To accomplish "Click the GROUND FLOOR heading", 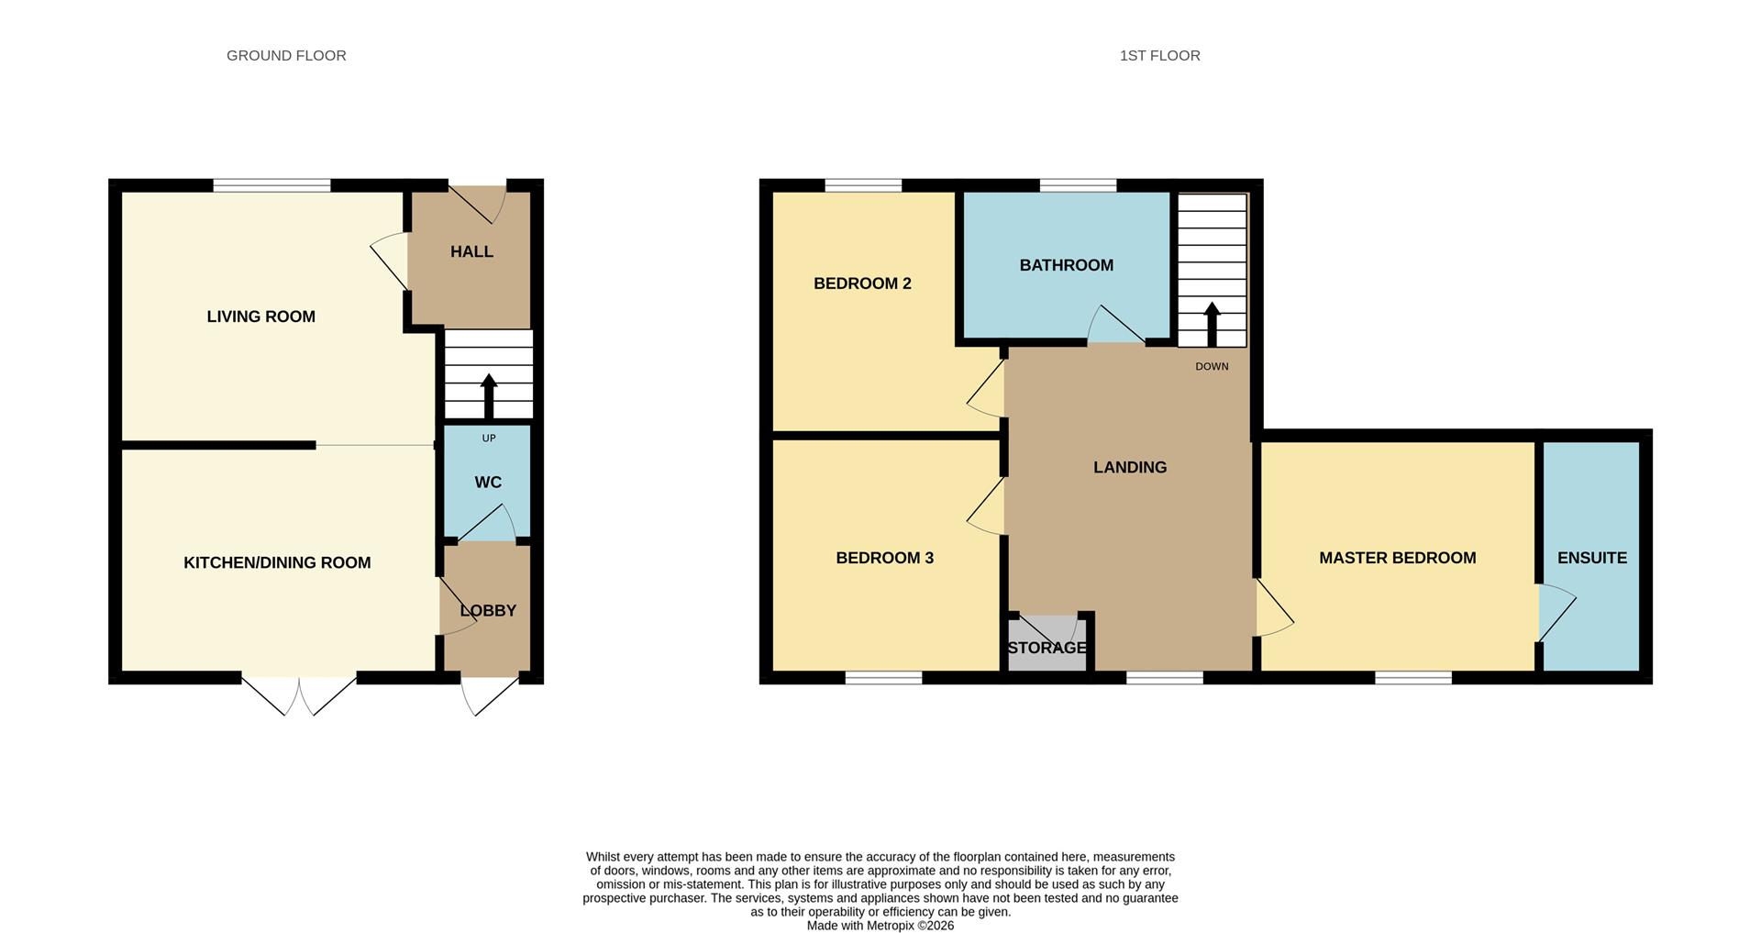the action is pos(286,56).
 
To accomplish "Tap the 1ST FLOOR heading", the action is pos(1159,56).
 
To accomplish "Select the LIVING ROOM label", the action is pos(261,317).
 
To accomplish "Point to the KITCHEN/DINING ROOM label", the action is pos(277,562).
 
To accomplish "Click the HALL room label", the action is pos(471,251).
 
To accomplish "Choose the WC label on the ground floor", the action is pos(488,483).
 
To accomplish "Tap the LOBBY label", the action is pos(488,611).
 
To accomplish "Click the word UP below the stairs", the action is pos(489,439).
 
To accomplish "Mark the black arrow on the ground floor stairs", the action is pos(489,395).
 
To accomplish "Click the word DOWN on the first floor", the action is pos(1212,367).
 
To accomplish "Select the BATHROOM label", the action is pos(1067,265).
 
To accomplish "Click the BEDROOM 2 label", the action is pos(862,283).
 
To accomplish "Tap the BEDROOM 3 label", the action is pos(884,558).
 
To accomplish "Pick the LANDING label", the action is pos(1130,467).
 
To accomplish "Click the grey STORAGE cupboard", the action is pos(1047,644).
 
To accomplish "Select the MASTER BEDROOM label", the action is pos(1398,558).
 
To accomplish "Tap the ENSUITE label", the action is pos(1592,558).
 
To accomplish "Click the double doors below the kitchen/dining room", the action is pos(299,695).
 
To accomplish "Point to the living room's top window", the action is pos(272,185).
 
